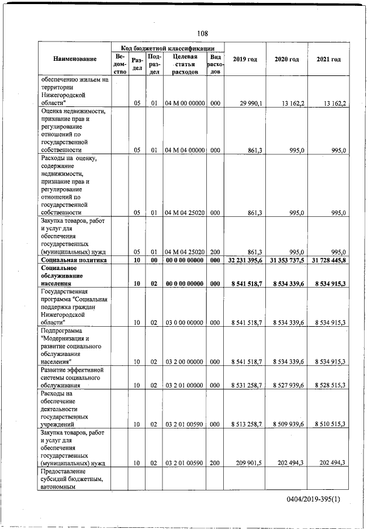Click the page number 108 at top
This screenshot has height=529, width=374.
pos(202,33)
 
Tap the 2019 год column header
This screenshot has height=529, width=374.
pos(245,59)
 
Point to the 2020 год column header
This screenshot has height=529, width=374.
pos(286,59)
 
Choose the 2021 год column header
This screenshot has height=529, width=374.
pos(328,59)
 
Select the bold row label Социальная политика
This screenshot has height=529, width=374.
pos(74,260)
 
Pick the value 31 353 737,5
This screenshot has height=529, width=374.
pos(286,260)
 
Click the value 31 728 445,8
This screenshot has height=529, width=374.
pos(328,260)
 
